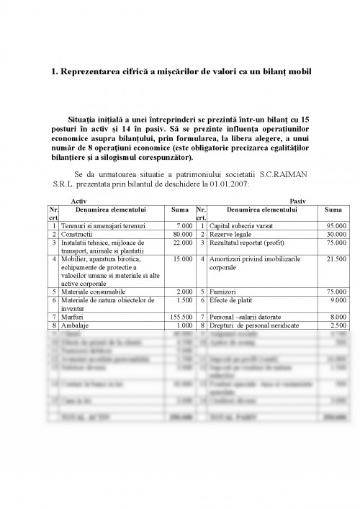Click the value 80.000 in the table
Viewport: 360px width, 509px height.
click(183, 235)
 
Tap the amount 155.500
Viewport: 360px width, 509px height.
click(180, 317)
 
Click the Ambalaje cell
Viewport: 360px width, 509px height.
click(76, 325)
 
